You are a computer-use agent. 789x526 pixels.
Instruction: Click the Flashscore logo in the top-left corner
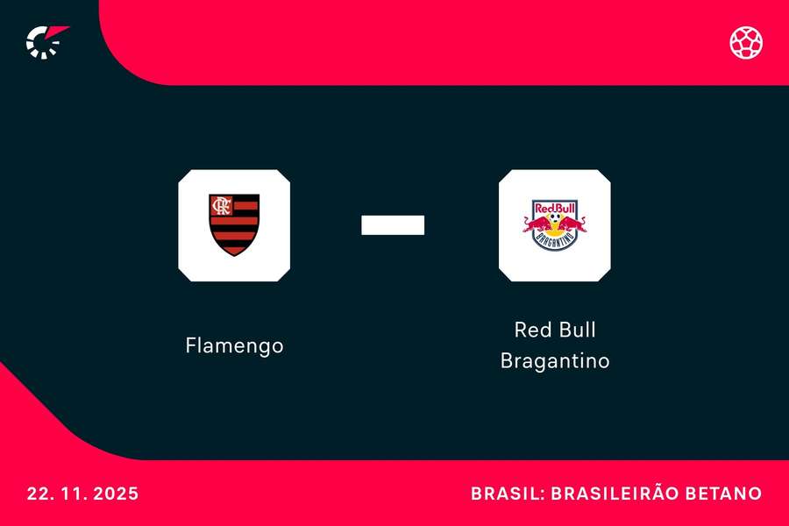[x=46, y=41]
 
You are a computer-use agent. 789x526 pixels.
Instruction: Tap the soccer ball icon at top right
[x=746, y=42]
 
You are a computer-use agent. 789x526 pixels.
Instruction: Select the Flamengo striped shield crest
[x=234, y=225]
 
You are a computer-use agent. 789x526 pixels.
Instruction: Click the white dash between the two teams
[x=393, y=225]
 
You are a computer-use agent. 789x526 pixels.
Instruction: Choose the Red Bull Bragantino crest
[x=554, y=225]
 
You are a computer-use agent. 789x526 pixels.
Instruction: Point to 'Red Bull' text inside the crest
[x=554, y=209]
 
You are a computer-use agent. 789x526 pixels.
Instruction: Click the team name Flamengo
[x=234, y=345]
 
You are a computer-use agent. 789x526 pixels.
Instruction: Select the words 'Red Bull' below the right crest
[x=554, y=331]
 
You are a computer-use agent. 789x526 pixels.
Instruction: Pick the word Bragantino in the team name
[x=554, y=360]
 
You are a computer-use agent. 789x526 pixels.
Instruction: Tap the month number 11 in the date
[x=70, y=494]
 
